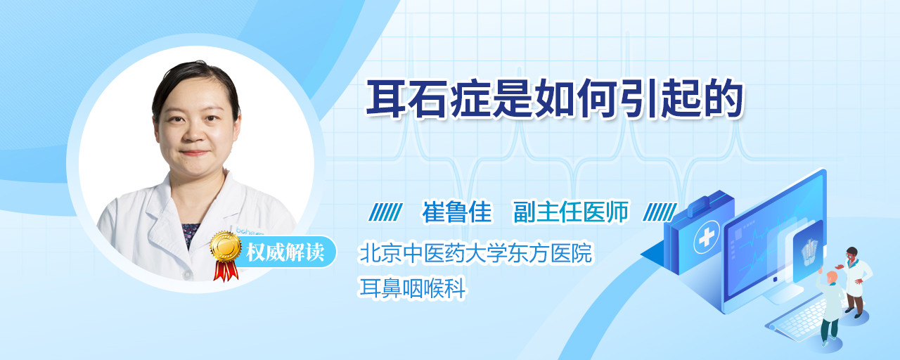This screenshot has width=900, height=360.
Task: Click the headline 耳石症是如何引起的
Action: (x=554, y=99)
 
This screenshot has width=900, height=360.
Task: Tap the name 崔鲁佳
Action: (x=457, y=212)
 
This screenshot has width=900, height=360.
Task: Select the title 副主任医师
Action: (x=571, y=212)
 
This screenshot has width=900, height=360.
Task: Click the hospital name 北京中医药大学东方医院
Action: (x=476, y=252)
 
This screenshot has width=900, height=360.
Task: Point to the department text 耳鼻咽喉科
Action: (x=412, y=288)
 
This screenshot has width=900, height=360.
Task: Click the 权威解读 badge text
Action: (x=285, y=252)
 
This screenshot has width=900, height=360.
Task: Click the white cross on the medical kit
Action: (x=706, y=237)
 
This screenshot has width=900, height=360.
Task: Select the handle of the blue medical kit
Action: (x=705, y=203)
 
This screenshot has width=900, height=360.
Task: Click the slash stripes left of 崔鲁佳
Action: (x=385, y=212)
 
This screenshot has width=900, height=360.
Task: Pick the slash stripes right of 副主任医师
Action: (x=660, y=212)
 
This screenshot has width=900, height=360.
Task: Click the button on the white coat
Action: (x=187, y=274)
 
